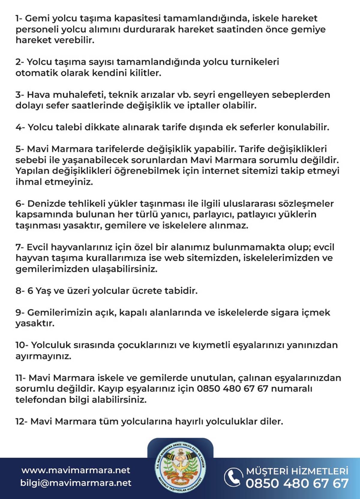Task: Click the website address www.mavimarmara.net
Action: pyautogui.click(x=76, y=470)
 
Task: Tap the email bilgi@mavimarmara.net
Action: pyautogui.click(x=76, y=483)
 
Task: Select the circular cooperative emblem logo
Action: pyautogui.click(x=180, y=467)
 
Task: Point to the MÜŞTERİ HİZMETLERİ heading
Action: pyautogui.click(x=297, y=471)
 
